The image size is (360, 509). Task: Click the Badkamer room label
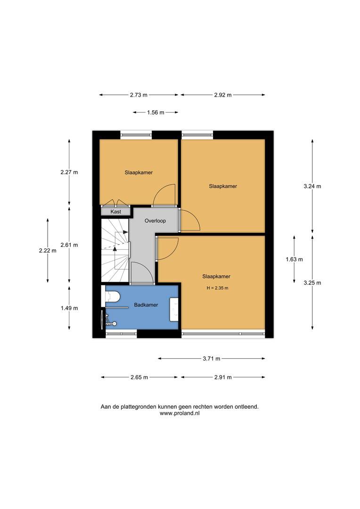pos(146,305)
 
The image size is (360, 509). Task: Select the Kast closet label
pos(115,212)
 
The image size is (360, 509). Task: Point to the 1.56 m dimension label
pos(155,112)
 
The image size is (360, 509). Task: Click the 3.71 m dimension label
pos(212,359)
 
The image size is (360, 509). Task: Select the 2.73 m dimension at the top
pos(139,95)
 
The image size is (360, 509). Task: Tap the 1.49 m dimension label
pos(69,308)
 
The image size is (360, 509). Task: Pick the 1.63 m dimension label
pos(295,259)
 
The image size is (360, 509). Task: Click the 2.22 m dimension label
pos(48,251)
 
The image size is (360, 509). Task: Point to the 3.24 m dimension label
pos(312,186)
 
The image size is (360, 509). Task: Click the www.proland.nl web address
pos(180,413)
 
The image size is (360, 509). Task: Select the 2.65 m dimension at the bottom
pos(139,378)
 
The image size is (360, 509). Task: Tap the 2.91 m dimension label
pos(222,378)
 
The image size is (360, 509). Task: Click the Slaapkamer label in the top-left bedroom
pos(139,172)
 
